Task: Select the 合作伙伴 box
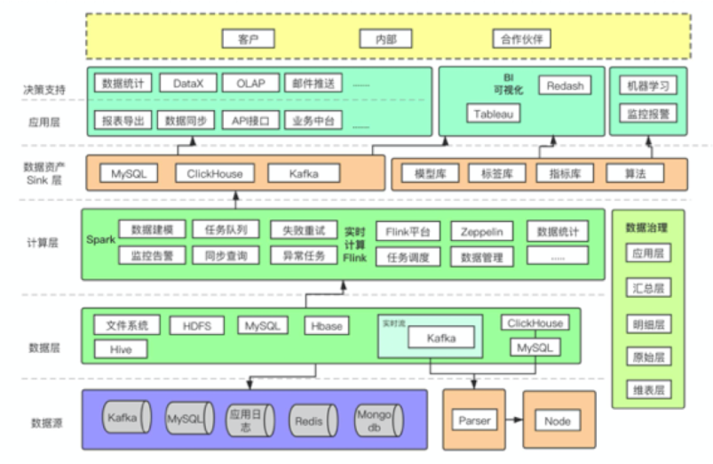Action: [x=522, y=38]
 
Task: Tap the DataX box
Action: [x=188, y=84]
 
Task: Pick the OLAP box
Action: [x=250, y=84]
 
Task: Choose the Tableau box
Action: [x=494, y=114]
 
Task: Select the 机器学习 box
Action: [x=647, y=85]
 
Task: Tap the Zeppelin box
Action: [x=481, y=232]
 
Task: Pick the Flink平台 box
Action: [x=408, y=232]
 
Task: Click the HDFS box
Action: [x=197, y=325]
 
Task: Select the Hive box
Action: [x=121, y=348]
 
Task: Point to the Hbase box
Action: [x=328, y=325]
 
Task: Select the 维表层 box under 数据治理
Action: [x=647, y=389]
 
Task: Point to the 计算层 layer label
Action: [x=43, y=242]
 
